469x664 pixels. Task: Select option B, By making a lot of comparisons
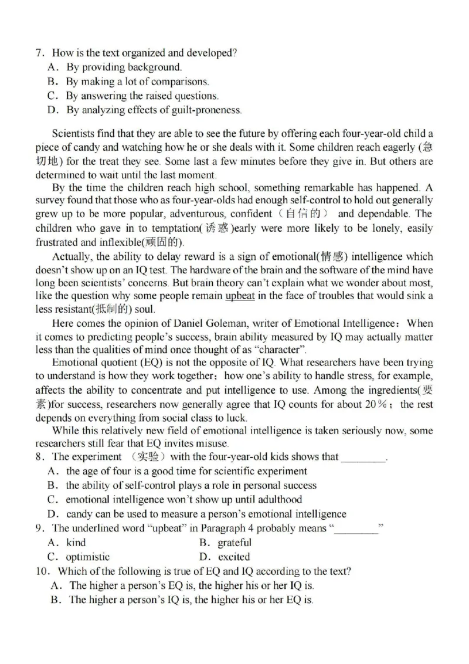137,82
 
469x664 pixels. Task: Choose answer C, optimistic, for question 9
87,557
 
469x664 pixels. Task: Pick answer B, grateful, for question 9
234,543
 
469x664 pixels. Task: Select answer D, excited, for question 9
233,557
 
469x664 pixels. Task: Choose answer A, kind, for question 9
76,543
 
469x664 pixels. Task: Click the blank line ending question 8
363,457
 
